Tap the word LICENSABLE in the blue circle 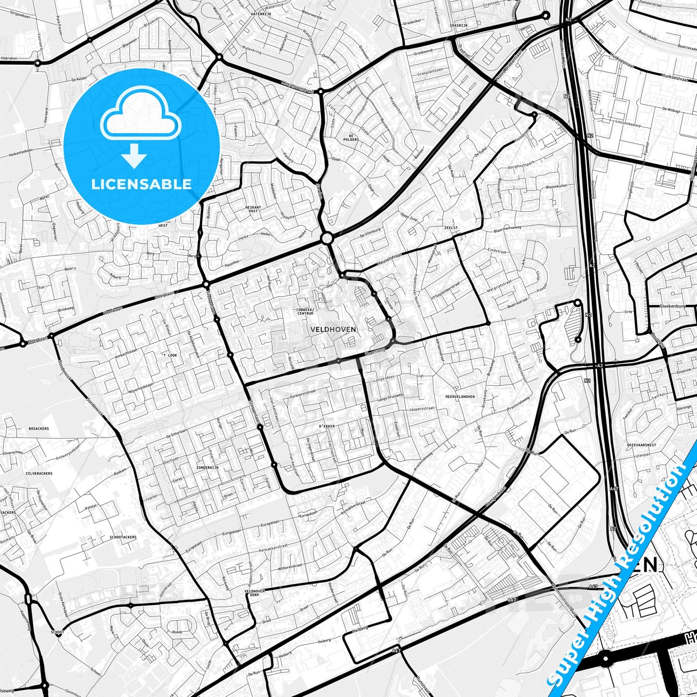click(x=141, y=184)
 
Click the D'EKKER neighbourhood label click(x=326, y=426)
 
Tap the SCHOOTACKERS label click(x=123, y=537)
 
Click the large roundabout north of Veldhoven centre click(x=327, y=238)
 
